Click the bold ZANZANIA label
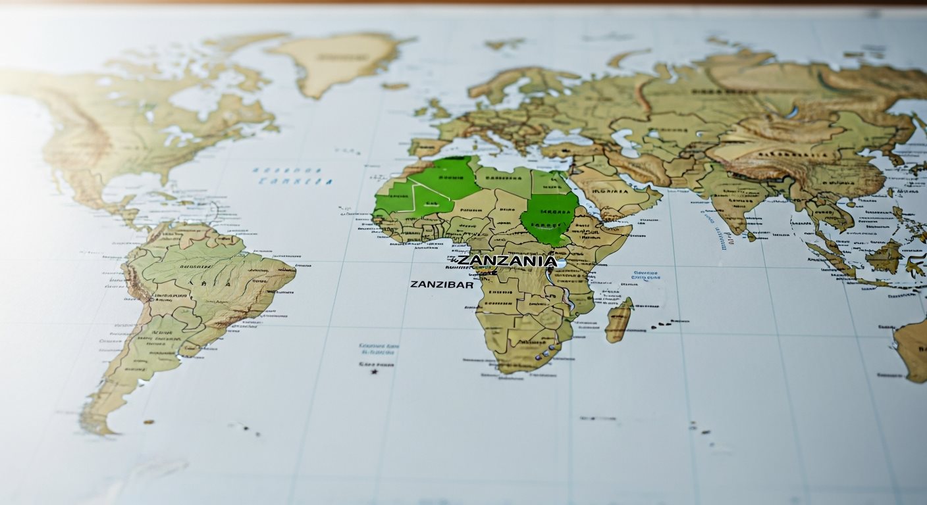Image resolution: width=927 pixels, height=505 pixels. point(506,261)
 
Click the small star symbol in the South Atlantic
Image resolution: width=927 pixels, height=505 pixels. point(375,372)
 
